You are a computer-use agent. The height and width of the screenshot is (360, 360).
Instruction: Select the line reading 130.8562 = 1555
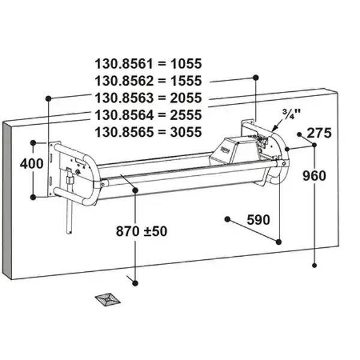pos(148,80)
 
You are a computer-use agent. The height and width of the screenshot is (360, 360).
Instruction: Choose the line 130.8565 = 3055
pos(148,132)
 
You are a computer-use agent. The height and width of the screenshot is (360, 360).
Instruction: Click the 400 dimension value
pos(31,163)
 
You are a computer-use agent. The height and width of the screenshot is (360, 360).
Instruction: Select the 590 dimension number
pos(259,220)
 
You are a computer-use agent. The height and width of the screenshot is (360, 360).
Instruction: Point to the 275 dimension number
pos(319,133)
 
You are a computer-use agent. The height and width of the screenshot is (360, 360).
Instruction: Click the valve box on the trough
pos(232,148)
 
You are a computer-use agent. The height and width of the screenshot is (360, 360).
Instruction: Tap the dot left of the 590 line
pos(226,218)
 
